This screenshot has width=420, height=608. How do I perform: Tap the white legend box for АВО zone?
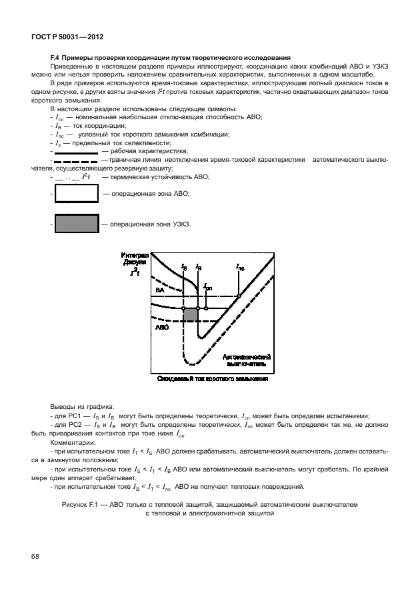pos(75,194)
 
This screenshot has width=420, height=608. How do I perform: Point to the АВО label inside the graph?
pos(161,328)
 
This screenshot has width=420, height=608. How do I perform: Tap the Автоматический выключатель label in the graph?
pos(247,360)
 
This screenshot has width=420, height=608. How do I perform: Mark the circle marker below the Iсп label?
pos(206,308)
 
